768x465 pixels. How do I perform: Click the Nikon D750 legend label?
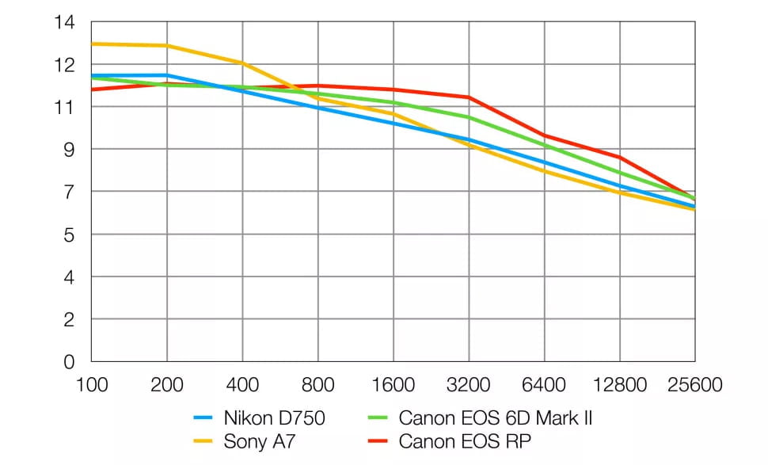(274, 417)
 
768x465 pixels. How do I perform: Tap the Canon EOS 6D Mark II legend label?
(496, 417)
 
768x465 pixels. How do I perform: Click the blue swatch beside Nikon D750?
(204, 417)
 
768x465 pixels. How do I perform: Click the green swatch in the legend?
(380, 417)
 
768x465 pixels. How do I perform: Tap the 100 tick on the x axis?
(91, 386)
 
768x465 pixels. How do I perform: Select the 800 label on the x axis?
(317, 386)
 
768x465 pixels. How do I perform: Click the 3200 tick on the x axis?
(469, 386)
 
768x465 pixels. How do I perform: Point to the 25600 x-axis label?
(694, 386)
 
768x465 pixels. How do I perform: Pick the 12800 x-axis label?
(619, 386)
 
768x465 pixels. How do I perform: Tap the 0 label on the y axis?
(69, 362)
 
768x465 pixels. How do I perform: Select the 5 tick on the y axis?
(69, 234)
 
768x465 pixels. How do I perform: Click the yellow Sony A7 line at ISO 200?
(166, 46)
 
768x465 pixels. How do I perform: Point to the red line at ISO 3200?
(469, 97)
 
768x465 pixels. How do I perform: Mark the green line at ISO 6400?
(544, 145)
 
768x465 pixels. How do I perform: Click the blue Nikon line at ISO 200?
(166, 75)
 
